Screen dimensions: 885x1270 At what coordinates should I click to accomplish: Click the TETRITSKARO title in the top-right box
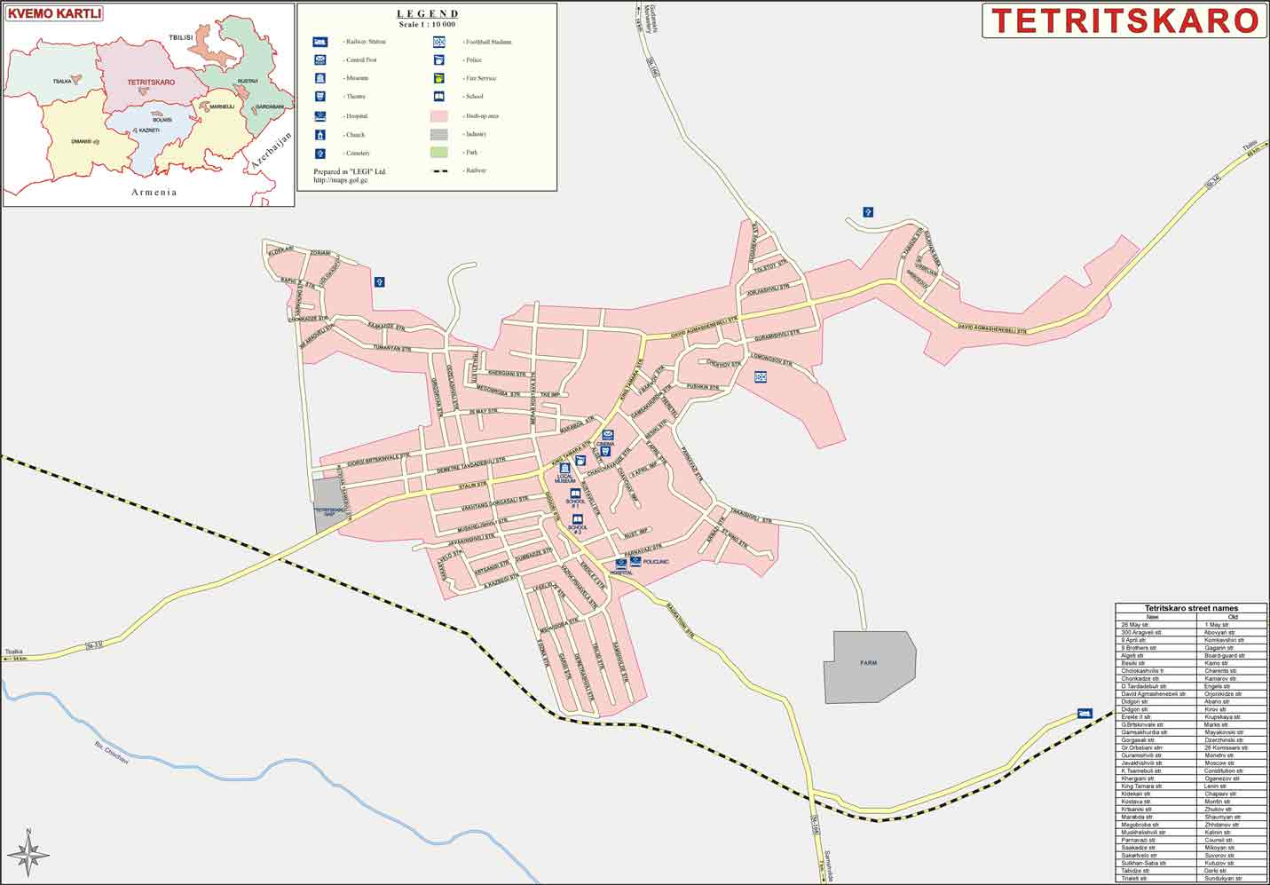1124,20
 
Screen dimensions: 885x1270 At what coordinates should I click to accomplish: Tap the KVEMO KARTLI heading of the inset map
54,13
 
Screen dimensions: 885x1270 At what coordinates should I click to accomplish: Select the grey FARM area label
868,663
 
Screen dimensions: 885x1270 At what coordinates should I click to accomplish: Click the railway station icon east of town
1084,713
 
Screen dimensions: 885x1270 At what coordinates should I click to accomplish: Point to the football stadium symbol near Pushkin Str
761,377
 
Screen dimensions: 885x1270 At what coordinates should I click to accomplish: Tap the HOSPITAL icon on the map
621,564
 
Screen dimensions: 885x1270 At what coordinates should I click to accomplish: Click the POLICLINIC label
655,563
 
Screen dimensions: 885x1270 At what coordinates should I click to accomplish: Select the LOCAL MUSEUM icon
564,468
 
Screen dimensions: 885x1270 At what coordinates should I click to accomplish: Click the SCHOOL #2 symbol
578,518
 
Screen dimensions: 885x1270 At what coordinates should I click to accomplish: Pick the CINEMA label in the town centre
606,443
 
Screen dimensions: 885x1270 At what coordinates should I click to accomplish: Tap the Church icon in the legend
319,135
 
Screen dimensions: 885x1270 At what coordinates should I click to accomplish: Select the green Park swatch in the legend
439,153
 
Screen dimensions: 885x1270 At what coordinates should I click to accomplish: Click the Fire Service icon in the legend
439,78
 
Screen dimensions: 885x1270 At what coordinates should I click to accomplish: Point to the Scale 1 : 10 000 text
427,24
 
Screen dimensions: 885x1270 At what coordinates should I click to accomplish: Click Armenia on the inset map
154,192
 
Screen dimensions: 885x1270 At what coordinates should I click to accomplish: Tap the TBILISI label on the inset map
181,39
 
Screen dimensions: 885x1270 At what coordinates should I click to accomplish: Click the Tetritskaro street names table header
1191,608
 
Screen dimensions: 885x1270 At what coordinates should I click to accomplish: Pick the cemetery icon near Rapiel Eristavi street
379,281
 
